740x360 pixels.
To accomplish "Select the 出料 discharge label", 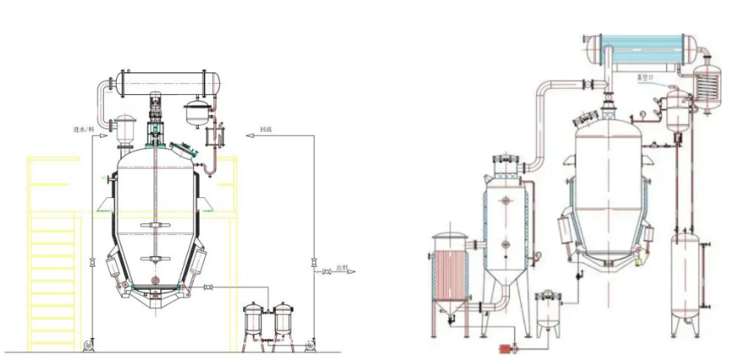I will pos(339,270).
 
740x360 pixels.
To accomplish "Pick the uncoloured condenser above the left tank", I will pos(166,83).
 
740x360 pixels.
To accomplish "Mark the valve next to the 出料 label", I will pos(323,271).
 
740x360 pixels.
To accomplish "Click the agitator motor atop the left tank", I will pos(156,109).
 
